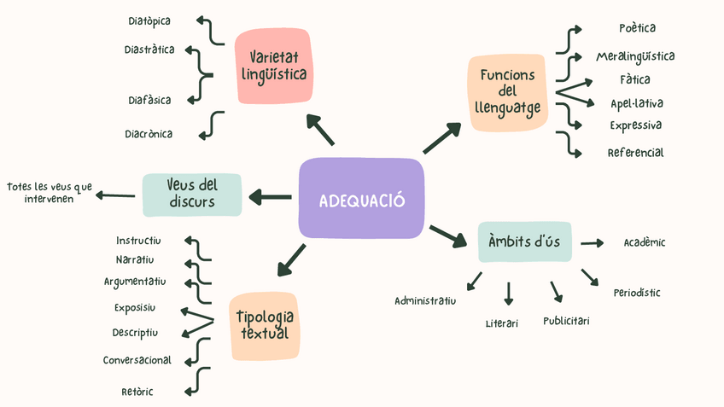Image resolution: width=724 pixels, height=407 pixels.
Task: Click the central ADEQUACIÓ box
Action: (x=361, y=199)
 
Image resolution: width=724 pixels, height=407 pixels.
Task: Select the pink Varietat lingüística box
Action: (x=273, y=66)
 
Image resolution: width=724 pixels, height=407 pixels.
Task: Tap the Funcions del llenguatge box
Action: (x=507, y=92)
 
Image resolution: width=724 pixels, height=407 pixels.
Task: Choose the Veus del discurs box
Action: (x=192, y=195)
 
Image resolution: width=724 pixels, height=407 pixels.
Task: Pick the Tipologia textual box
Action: (x=264, y=325)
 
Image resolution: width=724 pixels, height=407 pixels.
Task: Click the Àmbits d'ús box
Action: (x=523, y=241)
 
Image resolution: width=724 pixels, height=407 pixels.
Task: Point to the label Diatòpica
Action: (x=149, y=20)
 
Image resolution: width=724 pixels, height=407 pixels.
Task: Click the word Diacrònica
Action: (x=149, y=134)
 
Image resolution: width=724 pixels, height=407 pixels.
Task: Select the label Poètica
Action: (x=637, y=28)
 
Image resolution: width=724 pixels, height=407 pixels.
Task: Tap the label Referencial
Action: (x=635, y=153)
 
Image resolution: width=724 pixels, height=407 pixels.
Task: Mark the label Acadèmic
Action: (x=645, y=242)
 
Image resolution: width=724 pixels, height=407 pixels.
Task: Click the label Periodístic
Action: (x=636, y=293)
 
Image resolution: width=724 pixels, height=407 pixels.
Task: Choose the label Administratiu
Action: (x=425, y=300)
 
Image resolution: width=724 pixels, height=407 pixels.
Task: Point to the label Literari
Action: (x=501, y=323)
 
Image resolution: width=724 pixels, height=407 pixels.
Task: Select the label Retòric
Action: (x=137, y=392)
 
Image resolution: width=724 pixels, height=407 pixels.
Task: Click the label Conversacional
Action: (x=137, y=360)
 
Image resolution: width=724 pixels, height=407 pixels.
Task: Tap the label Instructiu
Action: (x=138, y=240)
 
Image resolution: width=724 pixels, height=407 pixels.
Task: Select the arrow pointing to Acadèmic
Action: (x=593, y=243)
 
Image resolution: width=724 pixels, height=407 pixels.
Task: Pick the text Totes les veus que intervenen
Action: (x=49, y=193)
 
